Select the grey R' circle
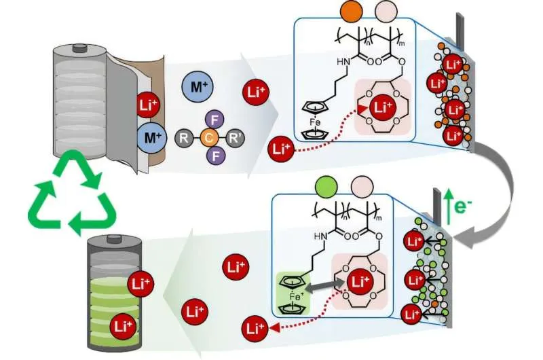point(237,140)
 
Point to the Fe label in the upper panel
point(319,122)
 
